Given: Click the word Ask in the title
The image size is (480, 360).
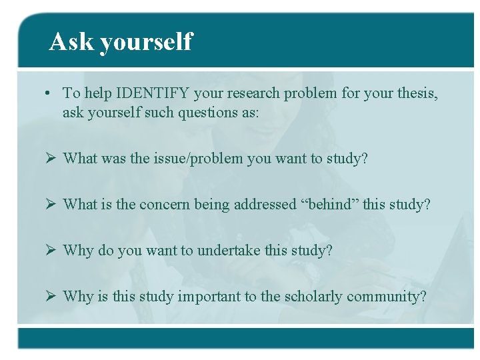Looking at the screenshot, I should (71, 41).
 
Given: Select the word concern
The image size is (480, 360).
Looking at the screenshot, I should (165, 205).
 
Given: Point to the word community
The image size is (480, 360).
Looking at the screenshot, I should (390, 297).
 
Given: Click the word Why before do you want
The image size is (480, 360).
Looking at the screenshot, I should (78, 251).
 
